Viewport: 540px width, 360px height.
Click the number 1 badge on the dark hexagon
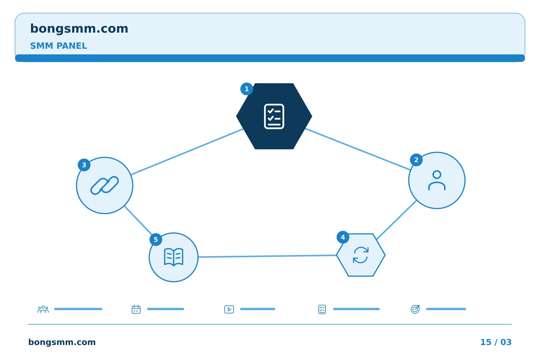tap(246, 89)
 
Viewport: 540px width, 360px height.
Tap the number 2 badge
tap(416, 160)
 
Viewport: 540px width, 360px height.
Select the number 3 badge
tap(84, 165)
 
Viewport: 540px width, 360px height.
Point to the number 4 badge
tap(343, 237)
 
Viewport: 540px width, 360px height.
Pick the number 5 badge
tap(156, 239)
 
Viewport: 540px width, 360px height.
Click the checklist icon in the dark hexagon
tap(274, 117)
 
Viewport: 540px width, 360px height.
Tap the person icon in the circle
tap(436, 180)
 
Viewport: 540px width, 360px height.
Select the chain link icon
tap(104, 185)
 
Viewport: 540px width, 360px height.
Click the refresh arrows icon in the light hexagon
tap(361, 255)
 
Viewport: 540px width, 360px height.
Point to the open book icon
tap(174, 257)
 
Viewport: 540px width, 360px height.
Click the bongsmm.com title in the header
tap(79, 29)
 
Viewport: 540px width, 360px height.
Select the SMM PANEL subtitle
tap(58, 46)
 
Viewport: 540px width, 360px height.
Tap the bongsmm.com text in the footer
tap(62, 342)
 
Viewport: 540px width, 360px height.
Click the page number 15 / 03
tap(496, 342)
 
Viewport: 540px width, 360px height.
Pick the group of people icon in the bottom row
tap(43, 309)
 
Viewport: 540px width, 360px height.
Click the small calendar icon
tap(136, 309)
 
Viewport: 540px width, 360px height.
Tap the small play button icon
tap(229, 309)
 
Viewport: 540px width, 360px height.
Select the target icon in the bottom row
tap(415, 309)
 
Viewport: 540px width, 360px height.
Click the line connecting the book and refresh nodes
tap(267, 256)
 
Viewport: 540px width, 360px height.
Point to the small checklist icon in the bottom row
tap(322, 309)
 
